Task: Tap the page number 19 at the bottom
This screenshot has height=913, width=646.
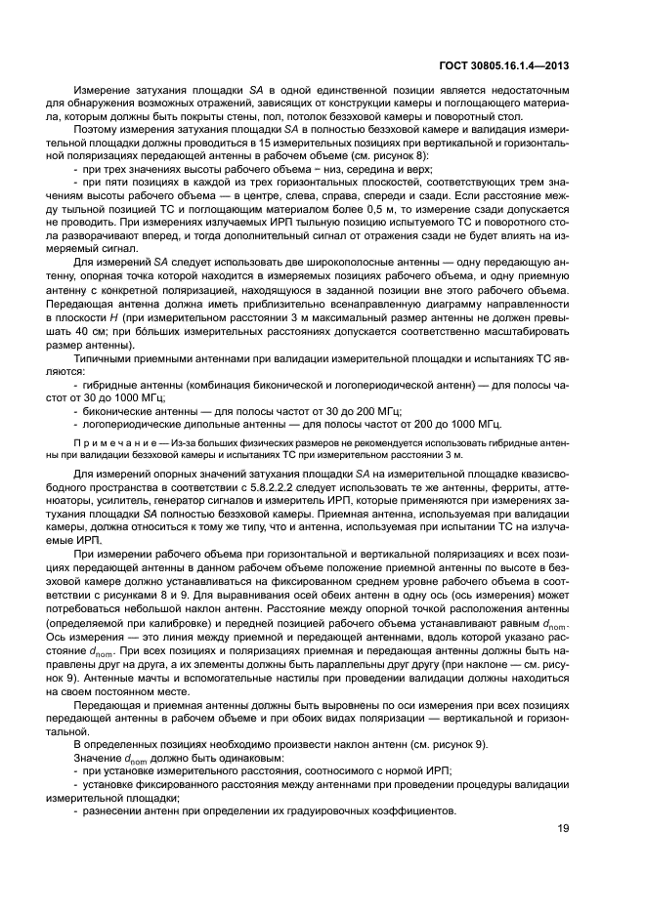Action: [564, 856]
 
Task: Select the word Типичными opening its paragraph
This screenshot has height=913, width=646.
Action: [104, 359]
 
